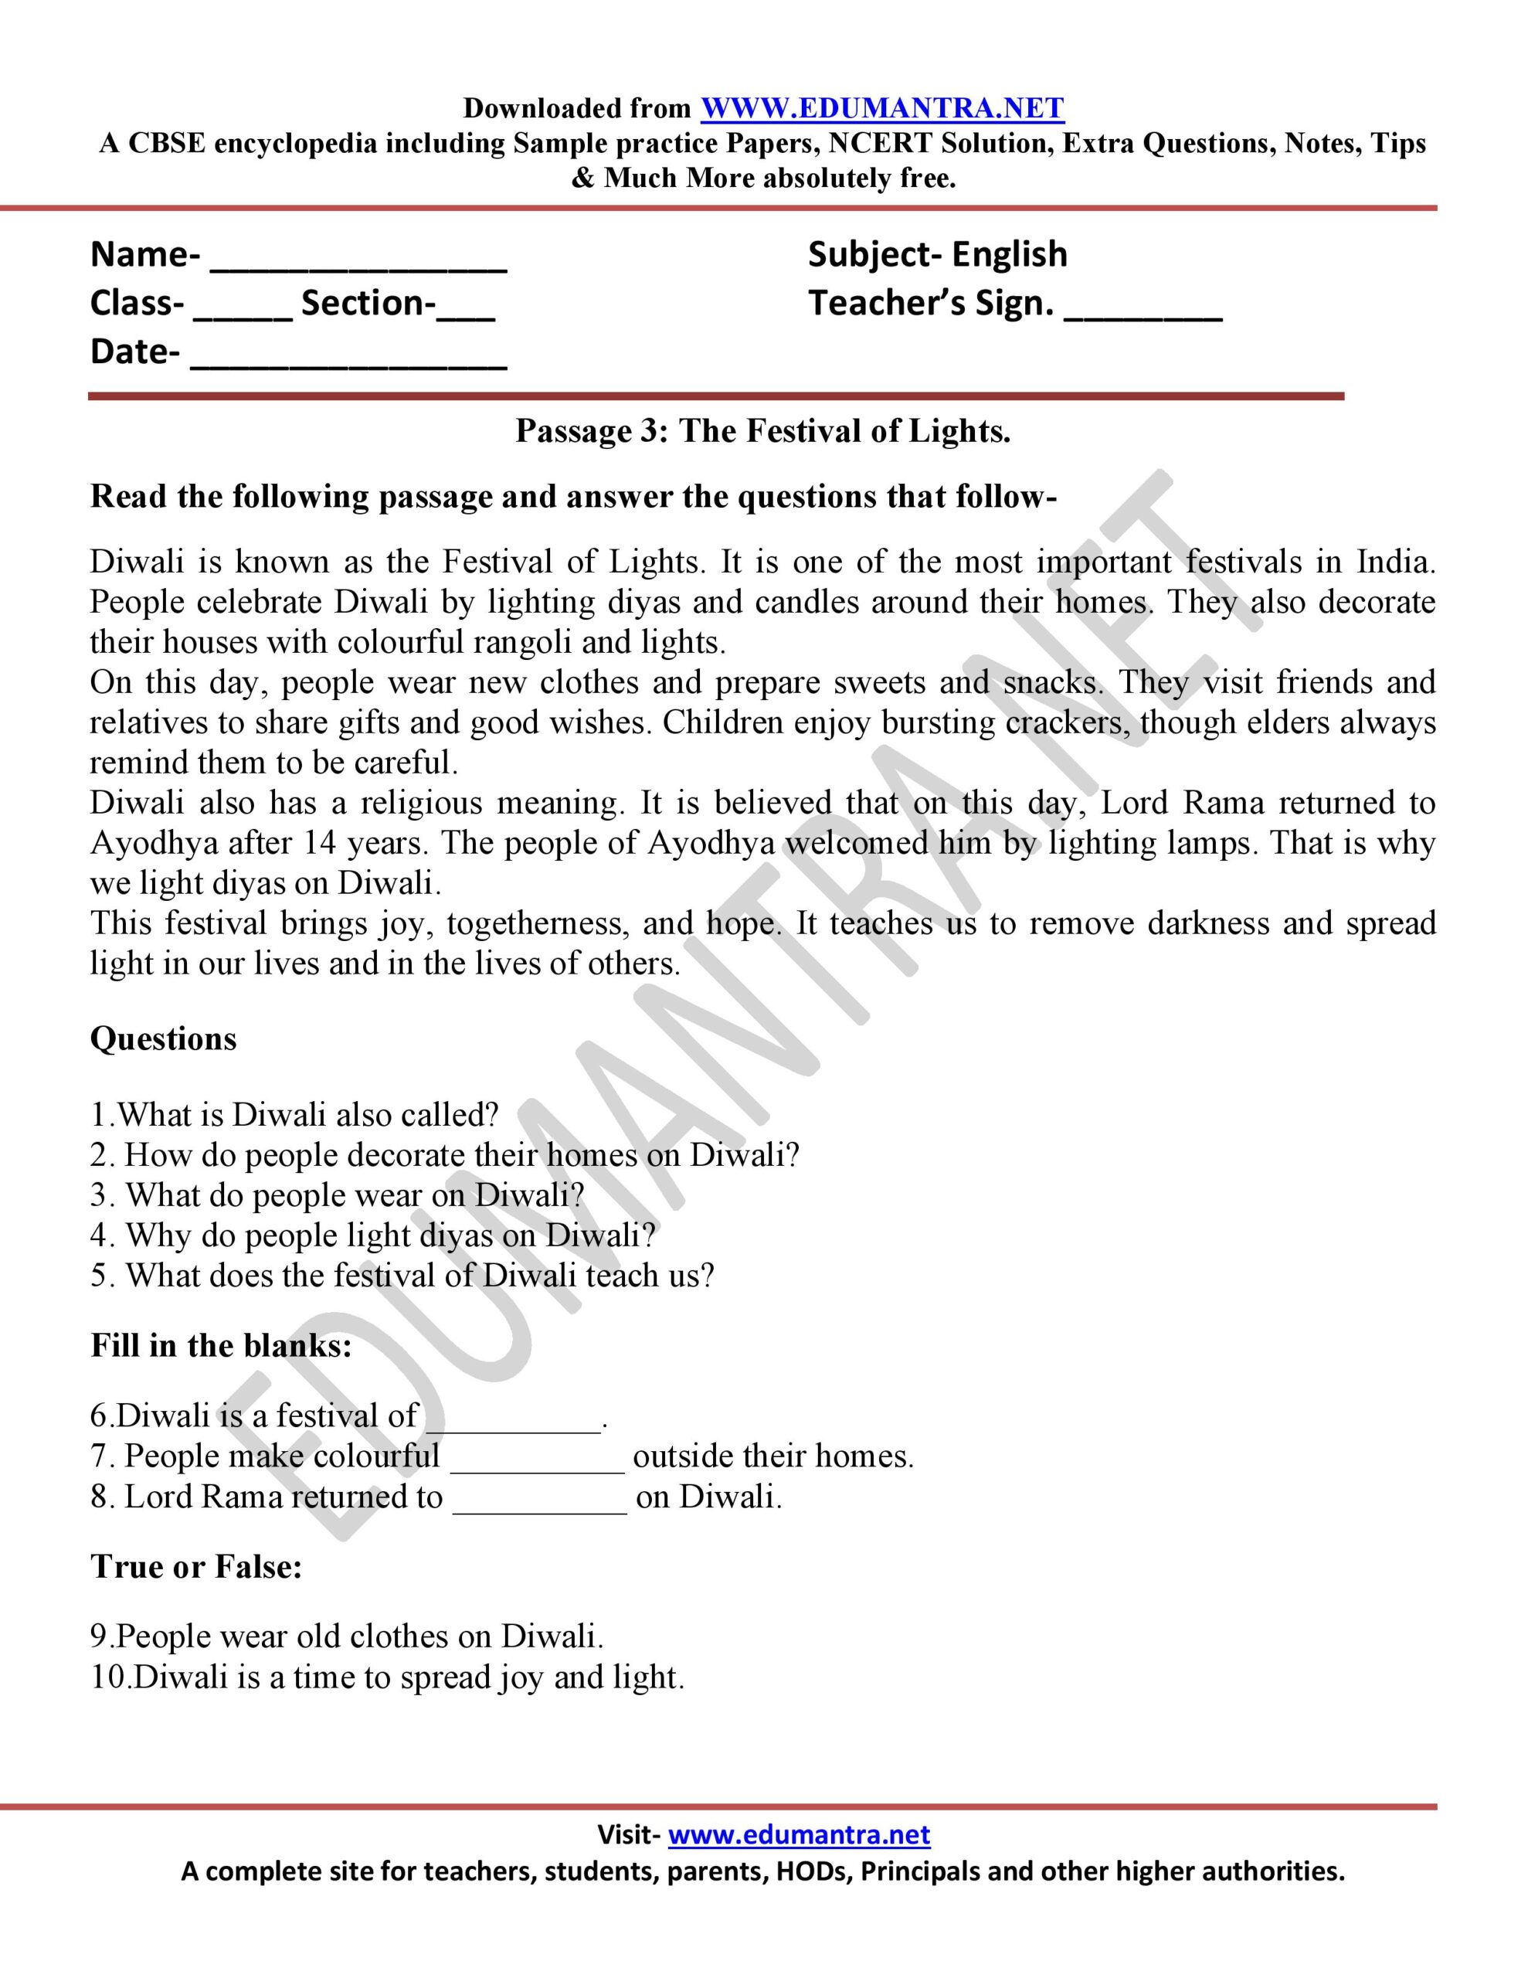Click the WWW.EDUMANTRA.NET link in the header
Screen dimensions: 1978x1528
tap(882, 109)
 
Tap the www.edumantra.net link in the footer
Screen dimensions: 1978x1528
tap(799, 1835)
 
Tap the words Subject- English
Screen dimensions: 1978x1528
tap(938, 254)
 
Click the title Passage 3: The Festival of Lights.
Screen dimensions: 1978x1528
tap(762, 431)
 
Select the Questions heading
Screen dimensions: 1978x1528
tap(163, 1038)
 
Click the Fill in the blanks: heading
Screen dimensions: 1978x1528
tap(221, 1346)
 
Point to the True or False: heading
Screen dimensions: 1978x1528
tap(196, 1567)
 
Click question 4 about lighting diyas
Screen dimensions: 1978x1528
tap(373, 1235)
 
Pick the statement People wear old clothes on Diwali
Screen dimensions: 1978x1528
tap(347, 1636)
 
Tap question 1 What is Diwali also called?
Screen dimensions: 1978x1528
tap(295, 1115)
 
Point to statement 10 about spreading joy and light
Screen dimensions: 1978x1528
tap(388, 1677)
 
